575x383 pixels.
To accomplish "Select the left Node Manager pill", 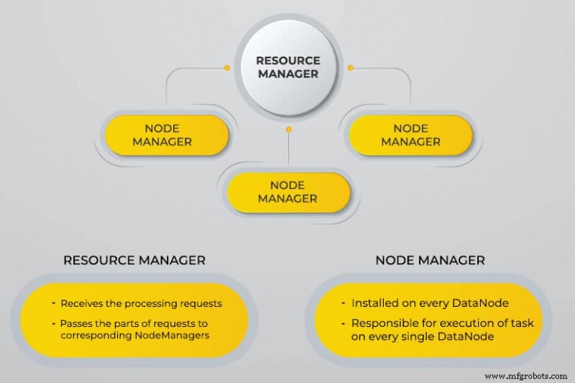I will pos(167,135).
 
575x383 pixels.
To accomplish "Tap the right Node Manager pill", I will pos(410,135).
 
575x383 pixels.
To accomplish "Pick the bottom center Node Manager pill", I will pos(288,192).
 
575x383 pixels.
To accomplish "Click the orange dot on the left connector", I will pos(227,68).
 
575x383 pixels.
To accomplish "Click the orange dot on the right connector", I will pos(351,68).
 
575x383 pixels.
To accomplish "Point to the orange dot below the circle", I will pos(289,130).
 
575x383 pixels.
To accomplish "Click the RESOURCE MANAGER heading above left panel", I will pos(134,260).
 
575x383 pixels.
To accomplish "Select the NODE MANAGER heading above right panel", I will pos(430,260).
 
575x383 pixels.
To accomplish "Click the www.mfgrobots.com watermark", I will pos(528,375).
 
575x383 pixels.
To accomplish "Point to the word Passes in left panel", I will pos(77,323).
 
